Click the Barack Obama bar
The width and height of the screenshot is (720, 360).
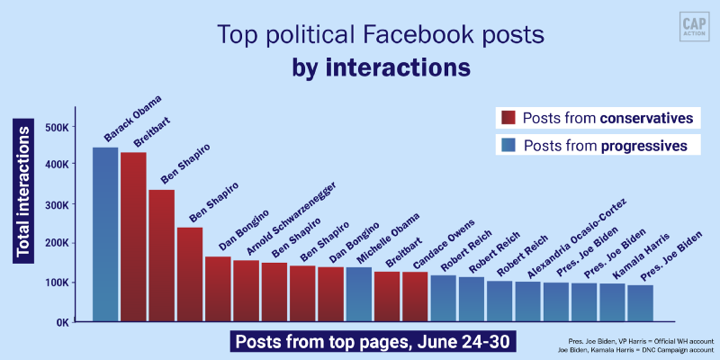[x=105, y=234]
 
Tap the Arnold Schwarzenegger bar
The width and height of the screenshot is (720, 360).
[x=246, y=291]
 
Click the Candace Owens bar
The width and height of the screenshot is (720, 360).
[x=415, y=296]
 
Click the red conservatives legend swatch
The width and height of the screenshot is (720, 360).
[x=508, y=118]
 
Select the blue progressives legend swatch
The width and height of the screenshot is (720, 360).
[x=508, y=145]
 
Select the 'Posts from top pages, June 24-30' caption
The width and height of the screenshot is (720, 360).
[x=374, y=343]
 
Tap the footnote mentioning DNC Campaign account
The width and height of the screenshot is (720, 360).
[x=640, y=351]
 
